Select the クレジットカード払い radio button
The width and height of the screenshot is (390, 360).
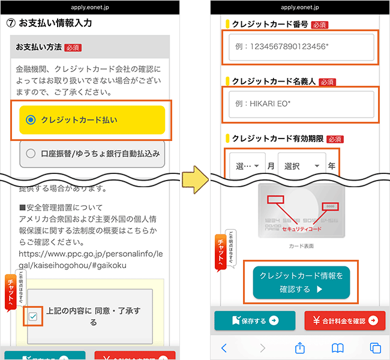point(31,120)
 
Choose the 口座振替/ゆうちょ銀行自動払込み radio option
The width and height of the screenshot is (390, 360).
point(31,154)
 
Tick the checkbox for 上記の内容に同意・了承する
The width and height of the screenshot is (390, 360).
point(32,317)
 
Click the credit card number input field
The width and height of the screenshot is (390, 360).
point(301,47)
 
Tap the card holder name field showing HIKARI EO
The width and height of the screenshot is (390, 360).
point(301,104)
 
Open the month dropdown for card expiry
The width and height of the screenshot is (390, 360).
point(247,166)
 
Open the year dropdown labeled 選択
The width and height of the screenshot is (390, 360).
point(301,166)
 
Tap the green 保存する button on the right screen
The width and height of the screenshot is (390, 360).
point(254,320)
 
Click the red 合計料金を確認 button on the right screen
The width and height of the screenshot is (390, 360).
point(344,320)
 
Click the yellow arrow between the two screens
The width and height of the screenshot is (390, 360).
point(195,179)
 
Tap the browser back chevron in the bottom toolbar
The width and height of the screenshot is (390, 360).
point(224,348)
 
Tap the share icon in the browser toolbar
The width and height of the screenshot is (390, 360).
point(300,347)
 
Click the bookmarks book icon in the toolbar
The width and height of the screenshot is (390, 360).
point(338,348)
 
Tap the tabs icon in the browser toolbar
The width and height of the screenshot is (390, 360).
point(376,348)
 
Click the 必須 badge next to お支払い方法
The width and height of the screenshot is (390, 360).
point(73,47)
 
